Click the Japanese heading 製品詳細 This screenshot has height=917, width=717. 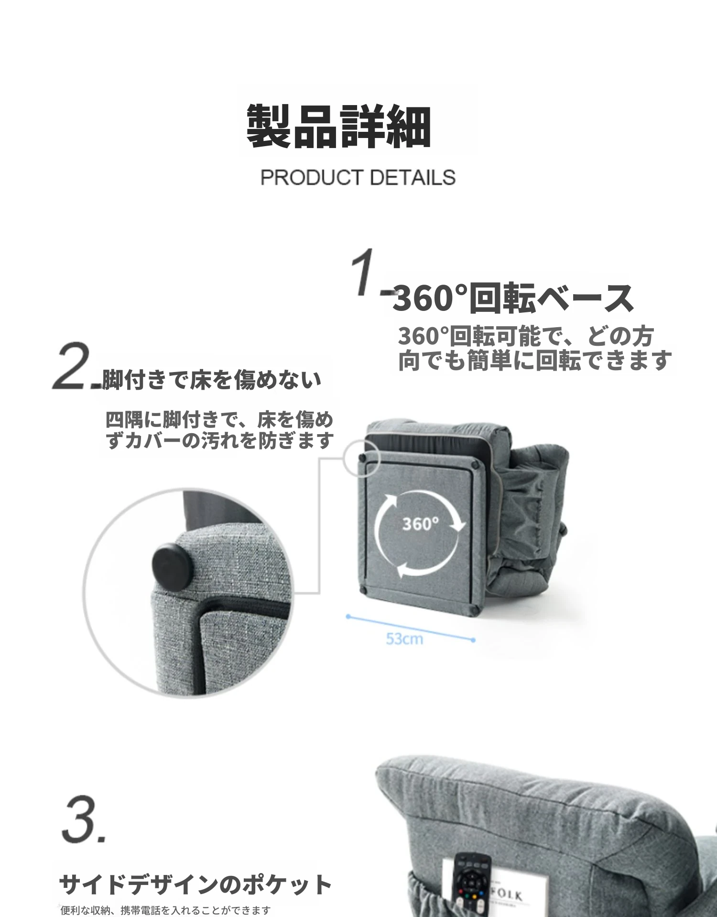(x=339, y=126)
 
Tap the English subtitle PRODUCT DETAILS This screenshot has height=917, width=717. (x=358, y=178)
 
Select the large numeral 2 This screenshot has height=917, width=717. (x=72, y=365)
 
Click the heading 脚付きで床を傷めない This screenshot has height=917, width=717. (x=212, y=380)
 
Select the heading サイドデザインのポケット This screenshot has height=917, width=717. (x=195, y=885)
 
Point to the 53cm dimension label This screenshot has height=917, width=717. (x=404, y=639)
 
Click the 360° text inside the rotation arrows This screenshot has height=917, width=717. (x=420, y=524)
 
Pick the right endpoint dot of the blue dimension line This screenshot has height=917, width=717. (x=473, y=640)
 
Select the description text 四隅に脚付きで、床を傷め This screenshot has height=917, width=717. (x=219, y=420)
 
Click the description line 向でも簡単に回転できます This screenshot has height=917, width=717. (x=535, y=360)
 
